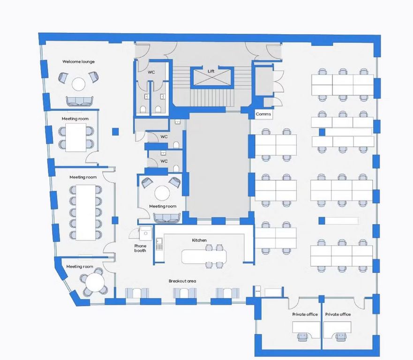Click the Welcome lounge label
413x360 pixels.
coord(78,61)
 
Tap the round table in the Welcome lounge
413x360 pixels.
coord(78,84)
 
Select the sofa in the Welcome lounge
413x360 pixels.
coord(79,101)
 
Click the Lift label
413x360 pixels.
coord(211,71)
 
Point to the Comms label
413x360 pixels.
coord(263,114)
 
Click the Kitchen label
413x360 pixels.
coord(199,240)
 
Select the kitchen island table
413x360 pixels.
coord(204,256)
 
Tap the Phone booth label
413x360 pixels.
coord(140,248)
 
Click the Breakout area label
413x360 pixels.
coord(182,281)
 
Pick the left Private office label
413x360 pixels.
coord(305,314)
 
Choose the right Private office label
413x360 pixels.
coord(338,314)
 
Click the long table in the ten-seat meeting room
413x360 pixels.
coord(86,212)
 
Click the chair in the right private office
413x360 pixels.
coord(341,337)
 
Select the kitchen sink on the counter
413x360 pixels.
coord(159,244)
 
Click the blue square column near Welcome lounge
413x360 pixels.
coord(115,131)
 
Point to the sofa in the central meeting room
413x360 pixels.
coord(167,218)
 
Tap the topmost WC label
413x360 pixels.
coord(151,72)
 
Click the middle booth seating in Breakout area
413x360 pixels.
coord(185,293)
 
